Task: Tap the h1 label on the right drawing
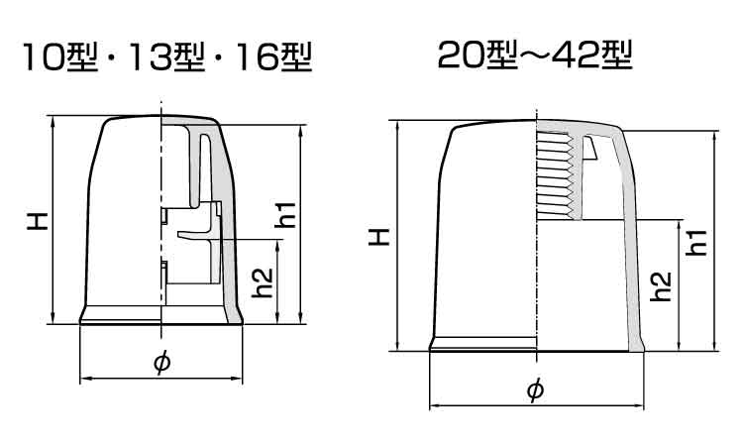697,240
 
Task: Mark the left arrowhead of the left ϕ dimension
83,379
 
